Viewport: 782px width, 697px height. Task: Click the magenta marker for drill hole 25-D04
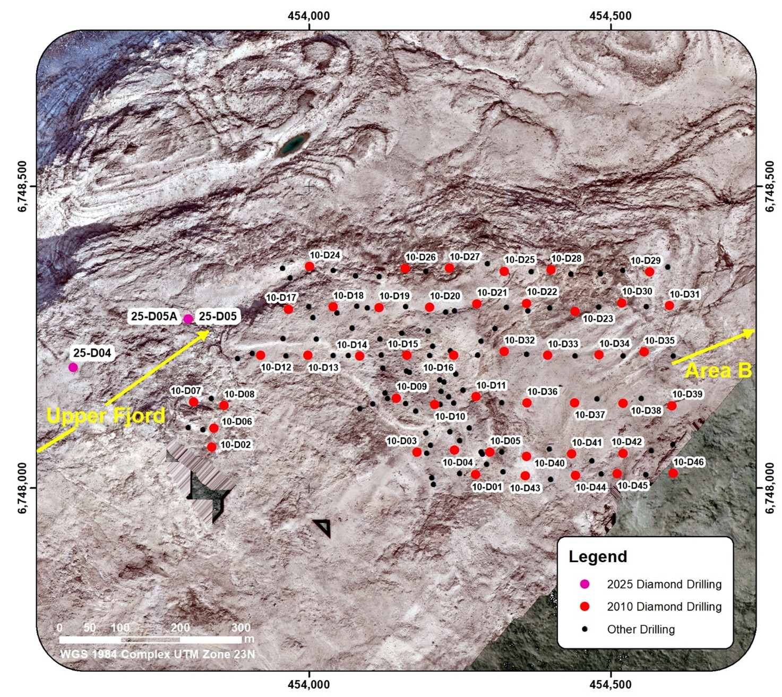pos(73,367)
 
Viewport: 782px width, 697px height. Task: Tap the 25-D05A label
pos(154,316)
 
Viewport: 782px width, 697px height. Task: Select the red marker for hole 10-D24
pos(310,266)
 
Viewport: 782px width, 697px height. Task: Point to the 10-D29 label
pos(645,261)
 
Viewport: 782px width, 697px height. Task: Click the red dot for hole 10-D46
pos(673,473)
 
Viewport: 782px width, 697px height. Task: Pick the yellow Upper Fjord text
pos(106,416)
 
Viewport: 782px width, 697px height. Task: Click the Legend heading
pos(598,556)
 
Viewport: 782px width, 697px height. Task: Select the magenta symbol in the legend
pos(585,584)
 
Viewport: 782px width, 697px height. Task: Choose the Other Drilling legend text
pos(641,630)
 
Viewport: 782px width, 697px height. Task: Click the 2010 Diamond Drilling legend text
pos(664,607)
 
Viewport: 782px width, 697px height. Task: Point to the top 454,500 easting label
pos(611,16)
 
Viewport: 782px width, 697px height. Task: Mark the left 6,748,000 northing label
pos(22,488)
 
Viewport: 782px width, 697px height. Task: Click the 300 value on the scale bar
pos(241,627)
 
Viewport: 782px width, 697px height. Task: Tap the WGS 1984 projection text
pos(157,654)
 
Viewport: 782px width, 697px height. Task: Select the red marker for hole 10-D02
pos(212,447)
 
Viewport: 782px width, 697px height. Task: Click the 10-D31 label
pos(684,294)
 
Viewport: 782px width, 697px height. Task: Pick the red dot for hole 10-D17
pos(288,309)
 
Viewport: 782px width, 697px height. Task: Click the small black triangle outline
pos(323,528)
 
